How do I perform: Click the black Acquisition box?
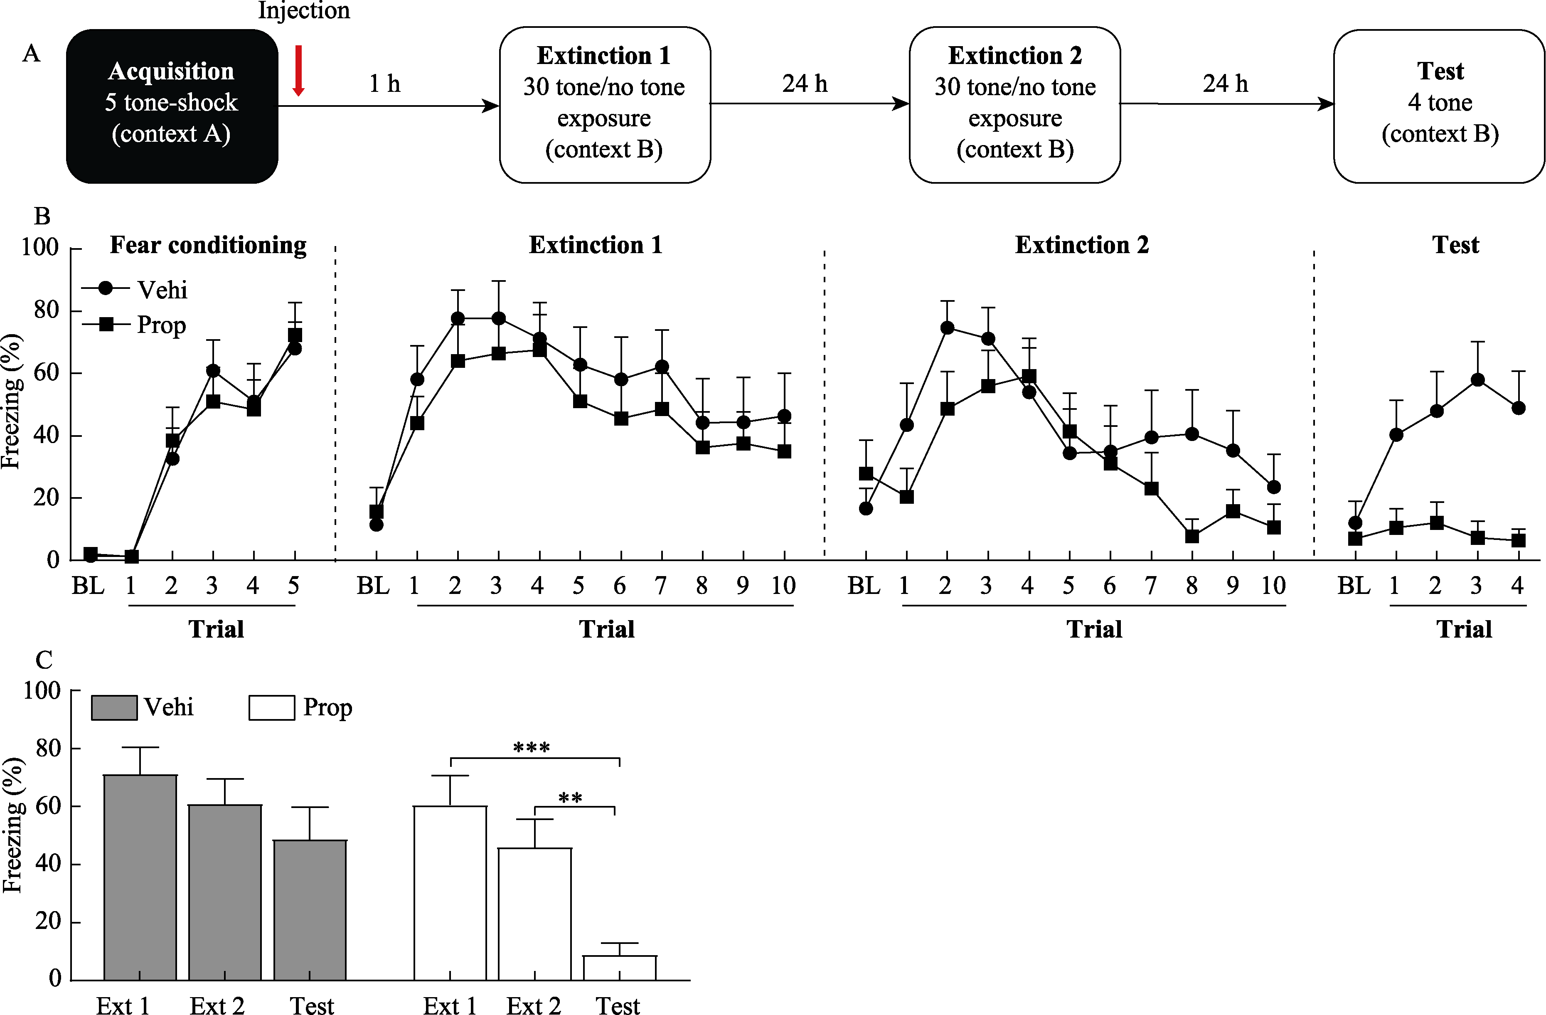[x=172, y=106]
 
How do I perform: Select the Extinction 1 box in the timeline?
[x=604, y=105]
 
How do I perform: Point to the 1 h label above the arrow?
[x=384, y=84]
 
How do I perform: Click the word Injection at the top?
[x=304, y=10]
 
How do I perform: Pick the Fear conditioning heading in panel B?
[x=208, y=245]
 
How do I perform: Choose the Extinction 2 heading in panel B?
[x=1081, y=245]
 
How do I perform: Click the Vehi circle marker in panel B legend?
[x=105, y=288]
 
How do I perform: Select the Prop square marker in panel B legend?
[x=105, y=324]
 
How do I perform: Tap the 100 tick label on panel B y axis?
[x=40, y=248]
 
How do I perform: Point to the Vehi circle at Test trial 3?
[x=1477, y=380]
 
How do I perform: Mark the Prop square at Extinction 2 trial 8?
[x=1192, y=536]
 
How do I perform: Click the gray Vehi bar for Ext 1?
[x=140, y=877]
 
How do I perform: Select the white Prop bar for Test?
[x=620, y=968]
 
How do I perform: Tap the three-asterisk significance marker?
[x=532, y=748]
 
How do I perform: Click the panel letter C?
[x=44, y=660]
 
